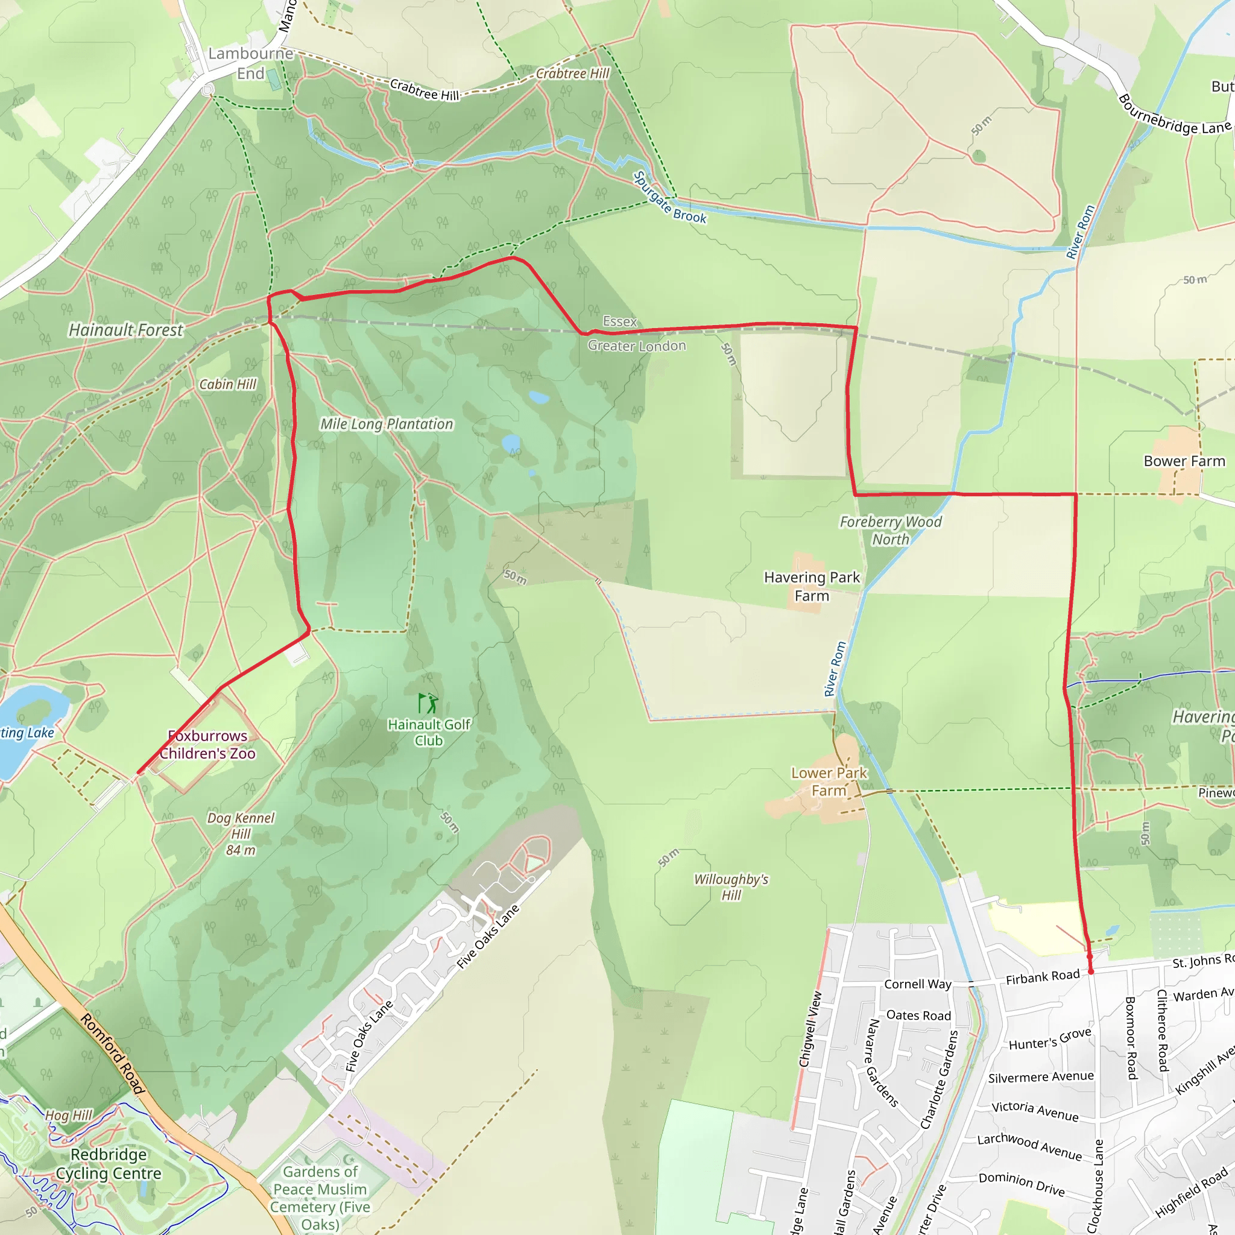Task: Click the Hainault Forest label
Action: pos(125,330)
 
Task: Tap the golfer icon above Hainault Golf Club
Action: pos(428,703)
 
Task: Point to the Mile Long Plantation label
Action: pos(386,424)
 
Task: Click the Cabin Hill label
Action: pos(227,384)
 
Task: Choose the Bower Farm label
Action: pos(1184,461)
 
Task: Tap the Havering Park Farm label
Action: pos(812,586)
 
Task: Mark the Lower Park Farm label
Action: pos(829,782)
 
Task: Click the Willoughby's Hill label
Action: pos(731,887)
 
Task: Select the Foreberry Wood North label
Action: pos(891,531)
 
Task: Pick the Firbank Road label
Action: pos(1043,978)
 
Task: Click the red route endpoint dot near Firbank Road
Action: pos(1091,971)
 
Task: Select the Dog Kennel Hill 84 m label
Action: pos(241,833)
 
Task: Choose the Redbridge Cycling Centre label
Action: pos(109,1163)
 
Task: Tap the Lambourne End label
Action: pos(251,63)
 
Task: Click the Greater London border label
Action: pos(637,346)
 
